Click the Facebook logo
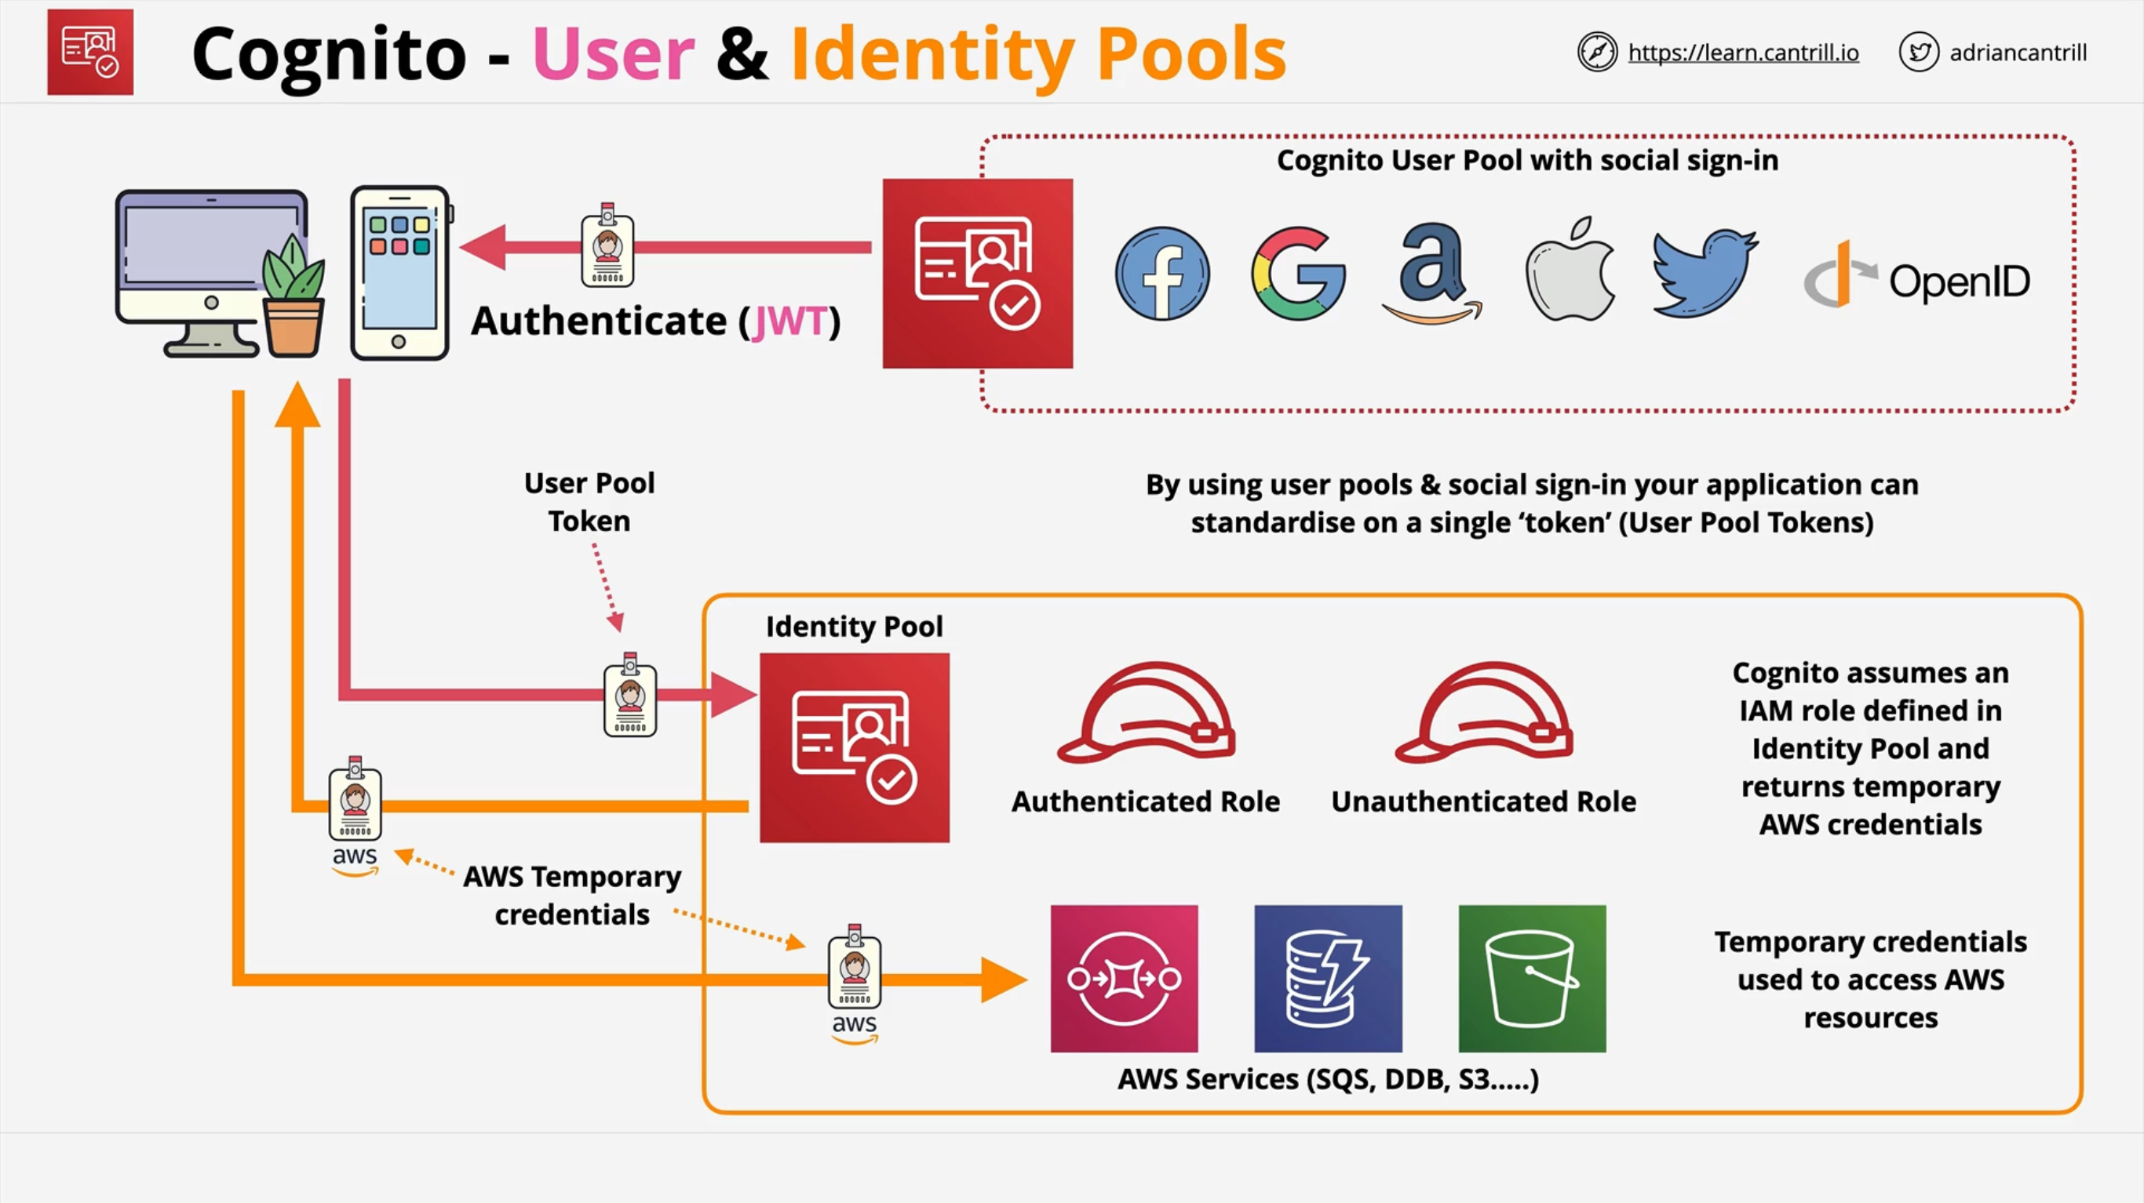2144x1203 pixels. (1162, 273)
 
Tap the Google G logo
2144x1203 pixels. (1297, 273)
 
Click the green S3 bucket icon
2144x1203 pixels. (1531, 979)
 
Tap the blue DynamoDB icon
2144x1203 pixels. (1328, 979)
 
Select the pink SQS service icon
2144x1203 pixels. (1124, 979)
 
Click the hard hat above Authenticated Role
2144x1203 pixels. (1147, 713)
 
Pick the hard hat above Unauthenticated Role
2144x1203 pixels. (1484, 713)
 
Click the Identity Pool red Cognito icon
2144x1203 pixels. (854, 747)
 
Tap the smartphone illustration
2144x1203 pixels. (399, 273)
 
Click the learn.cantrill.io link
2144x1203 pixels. (1743, 53)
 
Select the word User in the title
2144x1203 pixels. (614, 54)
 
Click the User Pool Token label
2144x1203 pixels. (589, 502)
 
